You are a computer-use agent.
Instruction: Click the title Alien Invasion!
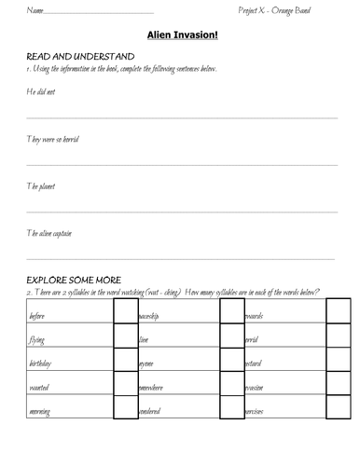pyautogui.click(x=180, y=35)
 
